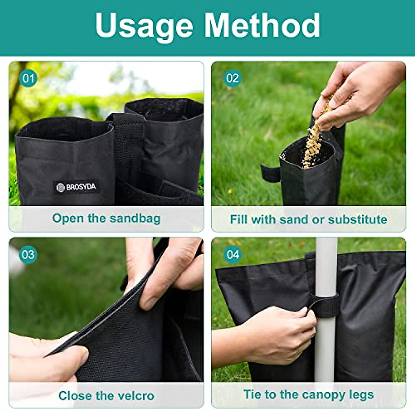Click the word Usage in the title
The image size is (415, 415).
pyautogui.click(x=144, y=26)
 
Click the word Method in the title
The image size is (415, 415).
pyautogui.click(x=262, y=26)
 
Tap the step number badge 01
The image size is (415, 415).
pyautogui.click(x=28, y=79)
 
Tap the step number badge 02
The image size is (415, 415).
pyautogui.click(x=232, y=78)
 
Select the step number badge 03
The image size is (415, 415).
pyautogui.click(x=28, y=255)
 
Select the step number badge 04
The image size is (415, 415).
pyautogui.click(x=233, y=255)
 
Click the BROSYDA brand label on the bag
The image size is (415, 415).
pyautogui.click(x=76, y=187)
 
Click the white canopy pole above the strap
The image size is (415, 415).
pyautogui.click(x=326, y=266)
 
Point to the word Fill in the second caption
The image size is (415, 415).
pyautogui.click(x=239, y=220)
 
